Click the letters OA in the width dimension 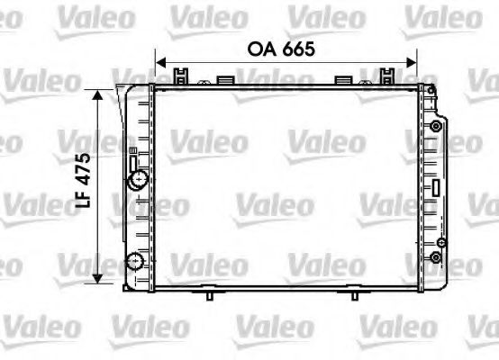click(260, 50)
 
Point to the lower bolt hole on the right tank click(439, 256)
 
